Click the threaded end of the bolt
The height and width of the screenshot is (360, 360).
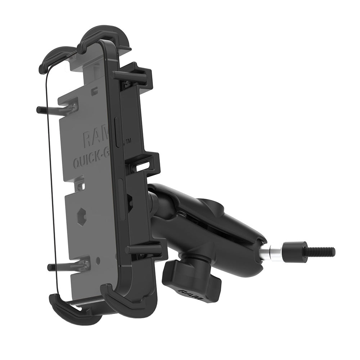pos(320,252)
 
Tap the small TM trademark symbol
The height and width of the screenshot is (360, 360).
pos(129,141)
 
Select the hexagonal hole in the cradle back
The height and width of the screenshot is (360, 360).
pos(82,216)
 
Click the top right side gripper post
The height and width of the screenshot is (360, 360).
pos(130,75)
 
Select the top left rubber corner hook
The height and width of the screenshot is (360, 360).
pos(54,59)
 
